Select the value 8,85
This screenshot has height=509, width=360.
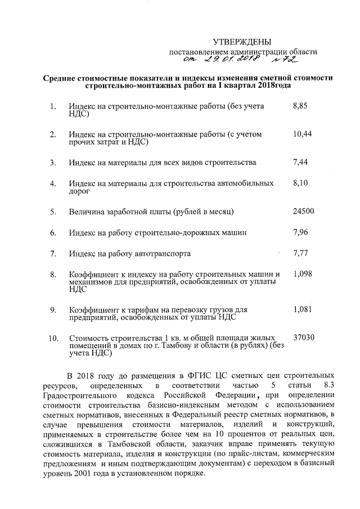coord(301,106)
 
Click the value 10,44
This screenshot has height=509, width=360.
coord(303,134)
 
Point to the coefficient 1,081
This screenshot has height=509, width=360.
coord(303,309)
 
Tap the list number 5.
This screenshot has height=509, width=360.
coord(53,212)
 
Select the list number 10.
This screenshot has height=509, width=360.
coord(54,338)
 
